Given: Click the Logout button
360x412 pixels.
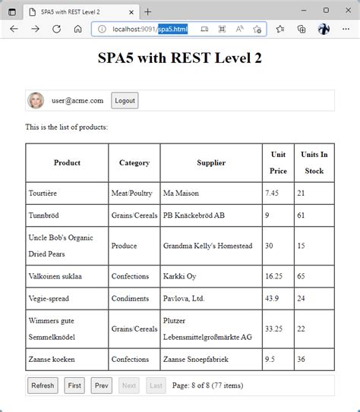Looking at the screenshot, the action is tap(125, 101).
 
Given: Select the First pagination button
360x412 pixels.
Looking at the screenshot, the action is tap(74, 385).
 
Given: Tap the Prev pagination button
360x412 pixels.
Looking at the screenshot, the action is tap(101, 385).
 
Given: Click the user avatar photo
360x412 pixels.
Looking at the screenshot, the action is tap(36, 100).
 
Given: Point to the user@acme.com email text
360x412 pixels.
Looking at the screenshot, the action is tap(77, 100).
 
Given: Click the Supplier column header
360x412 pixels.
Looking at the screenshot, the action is tap(211, 162).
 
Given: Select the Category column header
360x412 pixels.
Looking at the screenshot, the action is tap(134, 162).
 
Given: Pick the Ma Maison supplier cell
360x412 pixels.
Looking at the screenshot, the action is tap(182, 193).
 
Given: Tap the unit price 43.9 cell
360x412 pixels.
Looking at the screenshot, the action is tap(273, 298).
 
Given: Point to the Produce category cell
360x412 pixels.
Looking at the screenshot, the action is tap(125, 246).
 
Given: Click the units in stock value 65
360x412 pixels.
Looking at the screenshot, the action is tap(302, 276).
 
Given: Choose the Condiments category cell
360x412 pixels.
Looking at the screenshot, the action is tap(131, 298).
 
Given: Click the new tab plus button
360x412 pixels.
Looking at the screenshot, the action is tap(148, 11).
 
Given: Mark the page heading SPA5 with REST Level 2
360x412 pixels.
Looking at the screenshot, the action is tap(180, 58).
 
